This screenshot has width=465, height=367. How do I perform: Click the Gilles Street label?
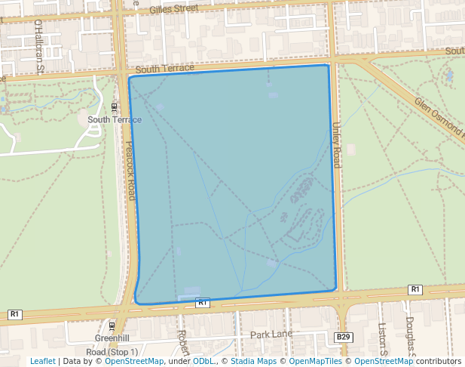tap(173, 9)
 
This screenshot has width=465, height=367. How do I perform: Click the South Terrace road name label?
tap(165, 68)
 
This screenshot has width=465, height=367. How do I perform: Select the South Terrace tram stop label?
tap(115, 119)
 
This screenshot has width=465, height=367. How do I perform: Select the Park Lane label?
tap(271, 334)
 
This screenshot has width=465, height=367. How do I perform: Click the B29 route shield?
tap(344, 336)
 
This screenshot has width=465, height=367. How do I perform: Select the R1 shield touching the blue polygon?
tap(202, 302)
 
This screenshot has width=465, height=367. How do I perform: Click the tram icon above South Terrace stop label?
tap(115, 106)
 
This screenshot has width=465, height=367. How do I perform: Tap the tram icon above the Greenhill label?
tap(112, 326)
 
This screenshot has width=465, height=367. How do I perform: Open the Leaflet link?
tap(42, 361)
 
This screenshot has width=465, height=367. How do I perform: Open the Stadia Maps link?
tap(253, 361)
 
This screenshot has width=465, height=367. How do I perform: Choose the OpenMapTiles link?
tap(317, 361)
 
